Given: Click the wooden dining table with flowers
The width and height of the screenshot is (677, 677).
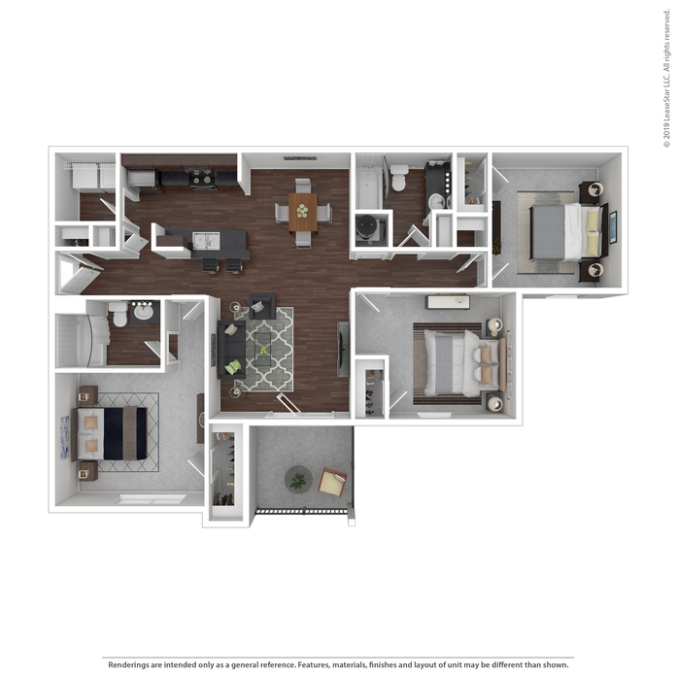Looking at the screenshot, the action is point(302,212).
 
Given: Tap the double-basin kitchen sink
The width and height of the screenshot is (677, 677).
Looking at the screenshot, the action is point(206,241).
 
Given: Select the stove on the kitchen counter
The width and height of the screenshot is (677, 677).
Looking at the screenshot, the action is point(202,179).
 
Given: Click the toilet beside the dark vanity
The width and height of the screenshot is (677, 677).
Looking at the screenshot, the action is point(399,178).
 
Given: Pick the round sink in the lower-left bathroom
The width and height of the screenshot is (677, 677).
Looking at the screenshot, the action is point(143,311).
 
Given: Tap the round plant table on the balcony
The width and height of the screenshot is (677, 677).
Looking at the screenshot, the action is point(298,480).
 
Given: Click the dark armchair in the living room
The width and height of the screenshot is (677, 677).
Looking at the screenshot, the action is point(262,306).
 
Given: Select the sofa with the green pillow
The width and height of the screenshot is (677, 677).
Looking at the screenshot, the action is point(231,350).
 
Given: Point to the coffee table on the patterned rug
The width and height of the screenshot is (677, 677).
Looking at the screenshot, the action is point(263,350).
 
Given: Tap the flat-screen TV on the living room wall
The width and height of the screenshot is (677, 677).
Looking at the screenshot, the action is point(343,350).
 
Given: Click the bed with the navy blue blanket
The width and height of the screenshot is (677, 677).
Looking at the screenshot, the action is point(113,433).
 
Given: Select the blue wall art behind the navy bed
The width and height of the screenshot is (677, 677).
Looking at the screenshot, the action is point(64,437).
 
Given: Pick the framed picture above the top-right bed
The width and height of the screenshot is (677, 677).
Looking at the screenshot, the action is point(612,227).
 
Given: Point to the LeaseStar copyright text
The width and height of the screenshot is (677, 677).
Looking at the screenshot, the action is point(667,78).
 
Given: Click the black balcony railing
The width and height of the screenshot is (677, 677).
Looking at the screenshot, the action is point(301,511).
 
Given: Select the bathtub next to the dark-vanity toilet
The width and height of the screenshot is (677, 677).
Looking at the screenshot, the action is point(369,188).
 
